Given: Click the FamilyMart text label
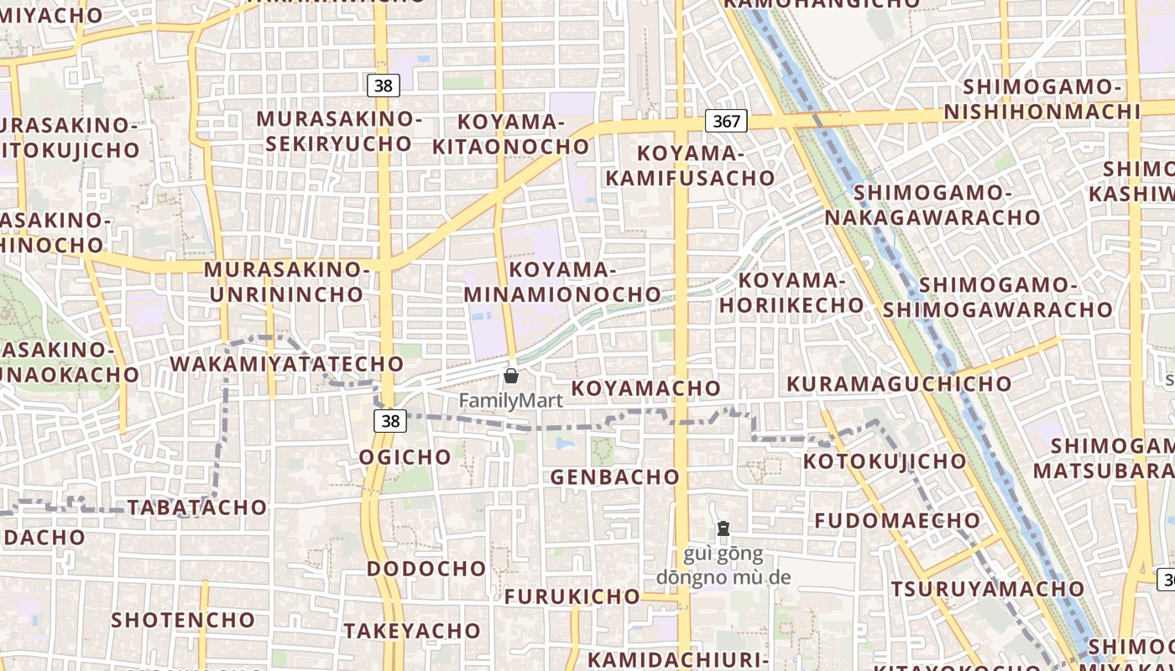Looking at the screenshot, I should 510,400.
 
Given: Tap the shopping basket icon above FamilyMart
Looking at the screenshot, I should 511,376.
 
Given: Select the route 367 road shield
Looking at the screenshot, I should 726,121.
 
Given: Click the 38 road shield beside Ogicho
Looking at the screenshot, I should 390,421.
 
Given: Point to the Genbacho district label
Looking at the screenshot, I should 614,476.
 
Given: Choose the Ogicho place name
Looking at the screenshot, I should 405,457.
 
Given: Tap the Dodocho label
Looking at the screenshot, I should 426,568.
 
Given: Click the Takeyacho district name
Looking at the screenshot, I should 411,631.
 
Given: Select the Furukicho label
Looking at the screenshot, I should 572,596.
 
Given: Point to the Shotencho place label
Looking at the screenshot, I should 183,620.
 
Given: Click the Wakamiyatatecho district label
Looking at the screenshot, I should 287,364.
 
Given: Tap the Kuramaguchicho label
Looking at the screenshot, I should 899,384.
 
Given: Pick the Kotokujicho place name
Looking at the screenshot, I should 885,461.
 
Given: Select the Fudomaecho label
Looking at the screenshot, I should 897,520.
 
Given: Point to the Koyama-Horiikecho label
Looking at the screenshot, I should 791,292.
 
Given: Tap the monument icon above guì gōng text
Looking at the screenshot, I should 723,528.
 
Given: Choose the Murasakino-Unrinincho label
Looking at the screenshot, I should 286,282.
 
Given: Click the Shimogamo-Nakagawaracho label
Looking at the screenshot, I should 932,205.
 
